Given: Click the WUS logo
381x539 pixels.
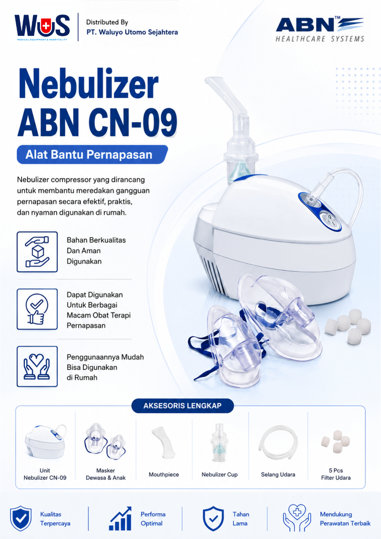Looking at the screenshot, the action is point(42,27).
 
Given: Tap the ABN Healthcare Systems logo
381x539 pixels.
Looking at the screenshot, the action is point(320,29).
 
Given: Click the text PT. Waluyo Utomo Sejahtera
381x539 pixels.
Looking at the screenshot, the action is point(132,32).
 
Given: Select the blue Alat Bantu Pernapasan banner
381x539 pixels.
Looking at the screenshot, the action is point(92,154).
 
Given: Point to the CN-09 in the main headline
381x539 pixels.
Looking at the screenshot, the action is point(133,122).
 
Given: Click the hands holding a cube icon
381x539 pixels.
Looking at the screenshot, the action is point(37,252).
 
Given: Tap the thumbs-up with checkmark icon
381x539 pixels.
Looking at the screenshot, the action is point(37,309).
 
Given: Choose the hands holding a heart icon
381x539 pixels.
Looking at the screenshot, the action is point(37,366).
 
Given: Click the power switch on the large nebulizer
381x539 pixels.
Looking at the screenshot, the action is point(330,220).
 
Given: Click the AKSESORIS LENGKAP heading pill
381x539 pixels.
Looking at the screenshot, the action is point(182,406).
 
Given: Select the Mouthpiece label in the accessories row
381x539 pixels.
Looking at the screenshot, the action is point(164,475).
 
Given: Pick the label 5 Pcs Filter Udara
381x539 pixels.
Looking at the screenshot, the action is point(336,474).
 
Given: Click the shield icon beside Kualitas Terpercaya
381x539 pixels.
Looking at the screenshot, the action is point(21,518).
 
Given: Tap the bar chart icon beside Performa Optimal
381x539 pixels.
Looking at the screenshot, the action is point(120,518).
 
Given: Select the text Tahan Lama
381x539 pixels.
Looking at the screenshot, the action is point(241,519).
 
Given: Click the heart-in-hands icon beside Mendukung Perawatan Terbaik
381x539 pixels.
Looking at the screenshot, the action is point(296,518).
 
